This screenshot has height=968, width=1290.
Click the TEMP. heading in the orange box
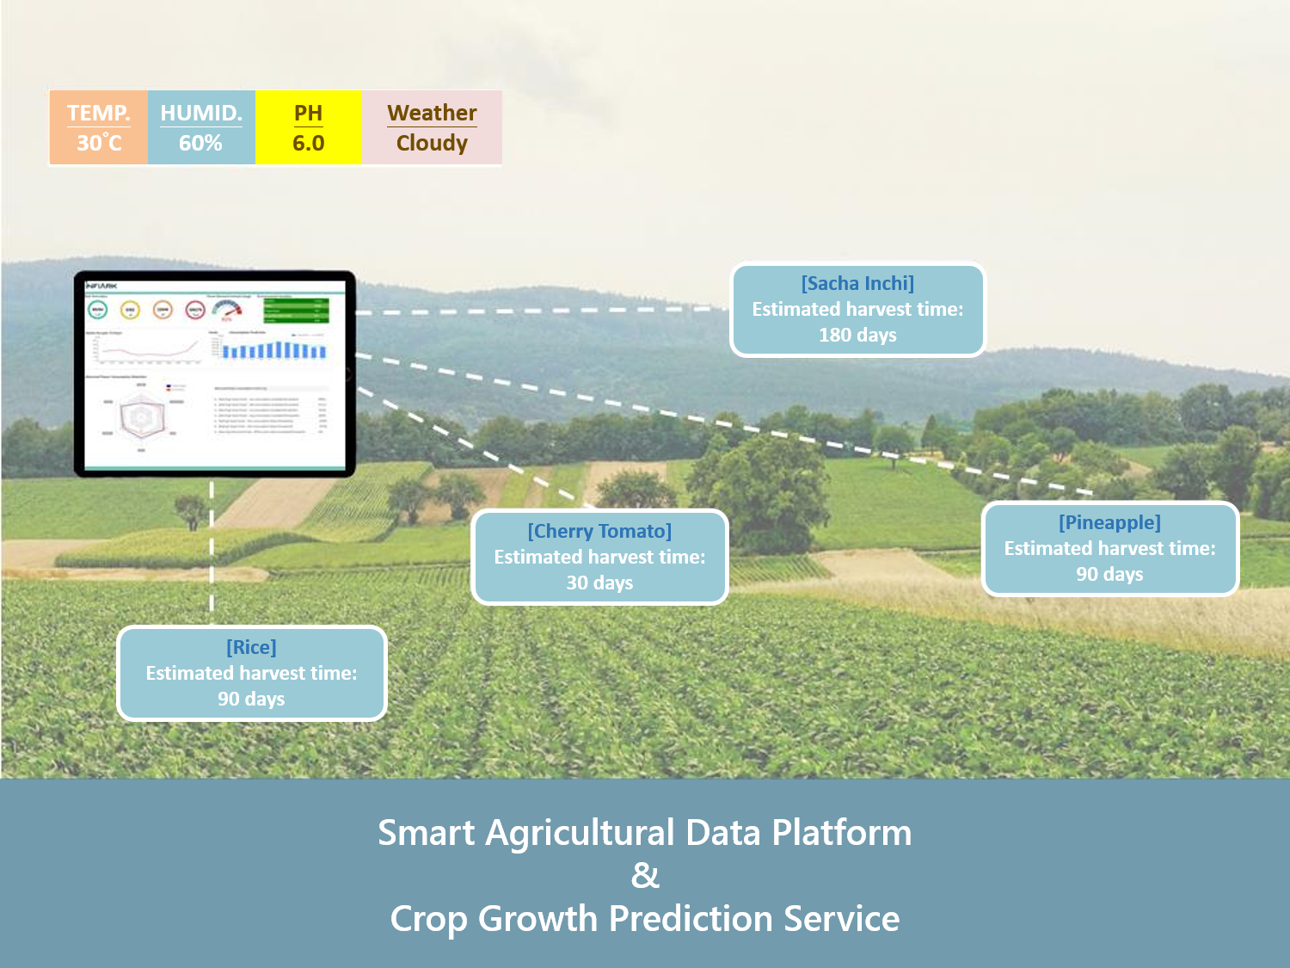click(98, 113)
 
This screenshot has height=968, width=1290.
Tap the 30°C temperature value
click(99, 143)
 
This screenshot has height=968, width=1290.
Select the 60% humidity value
click(200, 143)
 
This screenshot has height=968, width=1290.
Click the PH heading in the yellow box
click(308, 113)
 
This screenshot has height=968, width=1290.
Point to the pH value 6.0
click(308, 143)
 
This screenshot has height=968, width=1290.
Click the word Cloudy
click(432, 143)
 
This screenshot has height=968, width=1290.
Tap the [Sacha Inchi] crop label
click(857, 283)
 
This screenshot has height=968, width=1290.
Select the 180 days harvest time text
click(857, 335)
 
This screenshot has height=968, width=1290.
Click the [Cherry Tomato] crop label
click(599, 531)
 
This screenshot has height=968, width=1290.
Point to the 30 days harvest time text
click(599, 583)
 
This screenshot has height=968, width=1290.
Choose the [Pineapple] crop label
click(1109, 522)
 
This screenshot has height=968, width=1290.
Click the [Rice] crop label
click(251, 647)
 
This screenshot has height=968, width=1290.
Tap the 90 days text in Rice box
click(251, 699)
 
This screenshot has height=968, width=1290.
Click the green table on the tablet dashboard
click(296, 310)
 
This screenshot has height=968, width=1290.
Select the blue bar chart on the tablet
click(274, 349)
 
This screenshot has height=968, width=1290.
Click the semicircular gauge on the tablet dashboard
click(227, 311)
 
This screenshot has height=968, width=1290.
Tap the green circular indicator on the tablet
click(98, 310)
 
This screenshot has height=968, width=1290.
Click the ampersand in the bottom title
click(645, 875)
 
